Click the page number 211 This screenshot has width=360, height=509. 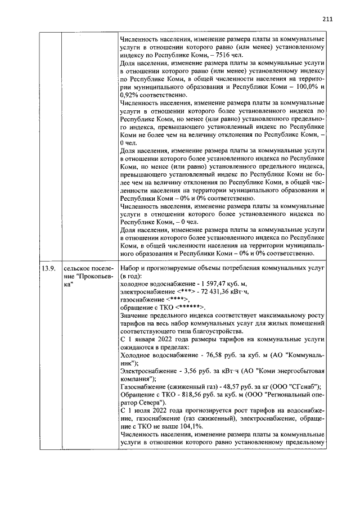pyautogui.click(x=328, y=19)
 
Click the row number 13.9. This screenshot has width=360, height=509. pyautogui.click(x=48, y=268)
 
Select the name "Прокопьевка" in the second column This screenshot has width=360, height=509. pyautogui.click(x=84, y=276)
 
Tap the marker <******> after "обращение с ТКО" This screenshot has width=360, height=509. pyautogui.click(x=191, y=308)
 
